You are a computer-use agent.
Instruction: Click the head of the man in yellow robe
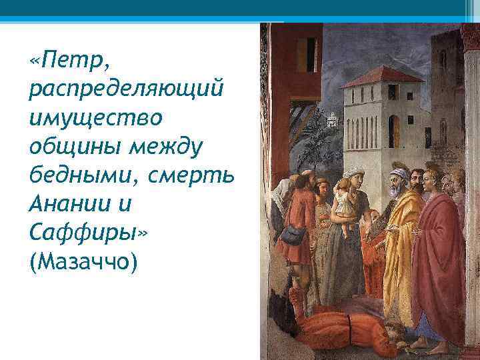pyautogui.click(x=398, y=180)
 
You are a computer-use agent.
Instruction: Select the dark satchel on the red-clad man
pyautogui.click(x=293, y=234)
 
